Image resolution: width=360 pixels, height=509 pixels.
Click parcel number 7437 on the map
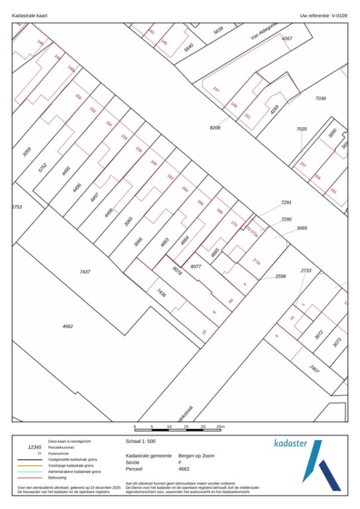coord(85,272)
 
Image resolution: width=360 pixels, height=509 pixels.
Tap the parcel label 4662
coord(68,326)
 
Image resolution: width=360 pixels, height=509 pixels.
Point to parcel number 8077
coord(196,266)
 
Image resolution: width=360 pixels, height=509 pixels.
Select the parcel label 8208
coord(215,127)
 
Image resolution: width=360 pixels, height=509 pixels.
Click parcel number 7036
coord(321,98)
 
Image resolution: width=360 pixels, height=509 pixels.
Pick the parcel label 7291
coord(286,202)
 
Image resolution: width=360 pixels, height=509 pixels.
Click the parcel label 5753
coord(17,207)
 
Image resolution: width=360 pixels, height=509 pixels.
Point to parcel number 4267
coord(286,38)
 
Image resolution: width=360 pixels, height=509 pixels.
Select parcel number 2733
coord(306,270)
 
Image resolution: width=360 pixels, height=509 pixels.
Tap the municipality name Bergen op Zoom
coord(196,456)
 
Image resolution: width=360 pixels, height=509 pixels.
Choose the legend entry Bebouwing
coord(60,477)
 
